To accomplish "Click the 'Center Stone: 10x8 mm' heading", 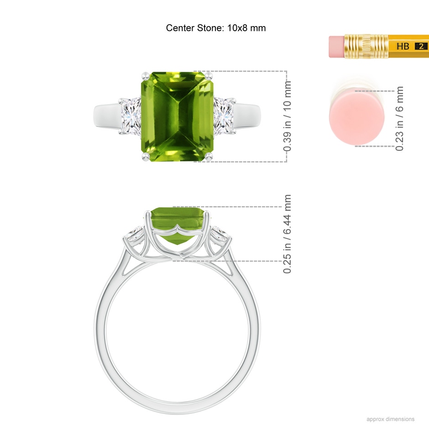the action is (x=216, y=28).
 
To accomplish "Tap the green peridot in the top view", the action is (x=177, y=116).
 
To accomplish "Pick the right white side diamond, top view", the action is (x=223, y=116).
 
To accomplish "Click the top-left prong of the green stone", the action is (x=145, y=76).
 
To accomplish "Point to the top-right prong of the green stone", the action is (x=209, y=76).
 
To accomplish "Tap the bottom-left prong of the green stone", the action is (x=146, y=157).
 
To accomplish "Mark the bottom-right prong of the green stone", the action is (x=209, y=157).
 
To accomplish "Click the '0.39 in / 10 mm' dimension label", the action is (x=287, y=116).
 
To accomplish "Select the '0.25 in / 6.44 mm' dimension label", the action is (x=287, y=234).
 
